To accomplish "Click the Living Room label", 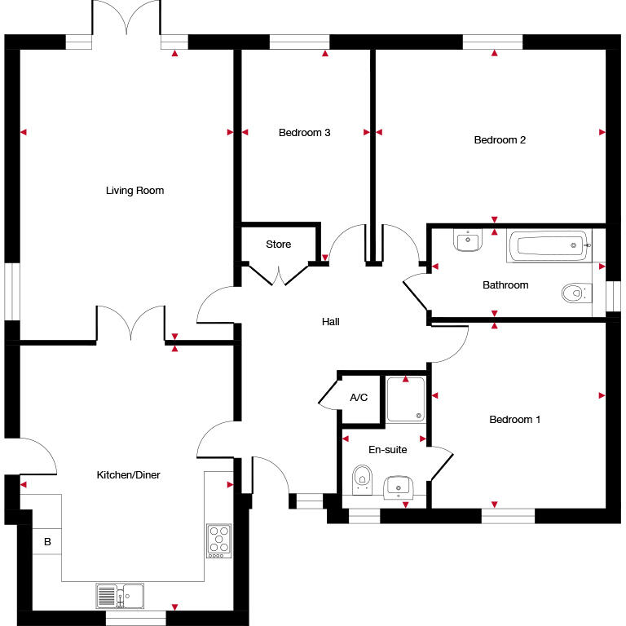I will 134,191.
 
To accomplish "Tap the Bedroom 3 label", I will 304,132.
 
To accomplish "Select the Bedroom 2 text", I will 500,139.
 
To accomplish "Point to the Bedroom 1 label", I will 514,420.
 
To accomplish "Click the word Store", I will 278,245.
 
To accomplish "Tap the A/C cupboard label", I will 359,399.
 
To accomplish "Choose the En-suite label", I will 387,449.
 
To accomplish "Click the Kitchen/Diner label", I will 128,475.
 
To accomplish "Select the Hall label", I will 330,322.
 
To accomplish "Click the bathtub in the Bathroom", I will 549,245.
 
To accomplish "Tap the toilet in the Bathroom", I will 575,293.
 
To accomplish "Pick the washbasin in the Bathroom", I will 468,240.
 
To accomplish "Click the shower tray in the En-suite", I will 406,399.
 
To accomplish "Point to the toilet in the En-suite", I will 362,479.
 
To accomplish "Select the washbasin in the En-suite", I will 399,487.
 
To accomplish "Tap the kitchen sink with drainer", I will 120,596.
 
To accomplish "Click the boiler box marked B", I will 47,542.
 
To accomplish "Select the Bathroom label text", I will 505,285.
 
